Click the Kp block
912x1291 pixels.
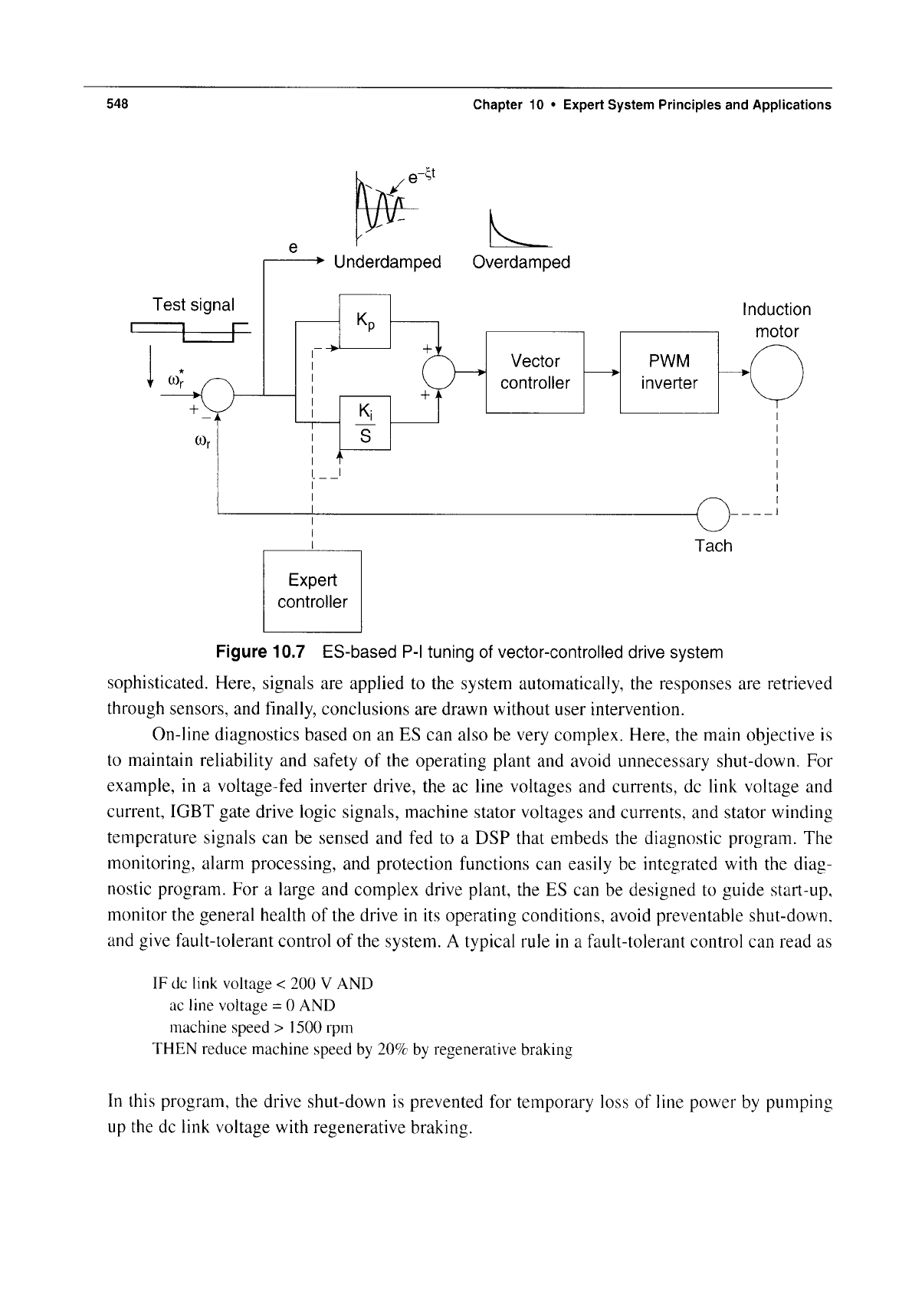pyautogui.click(x=365, y=321)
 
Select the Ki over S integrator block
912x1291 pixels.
pyautogui.click(x=365, y=422)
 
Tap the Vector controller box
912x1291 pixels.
pyautogui.click(x=535, y=373)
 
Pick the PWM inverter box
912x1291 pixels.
pyautogui.click(x=669, y=373)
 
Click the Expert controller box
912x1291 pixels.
pyautogui.click(x=312, y=591)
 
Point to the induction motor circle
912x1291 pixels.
pyautogui.click(x=776, y=373)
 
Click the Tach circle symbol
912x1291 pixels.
pyautogui.click(x=713, y=514)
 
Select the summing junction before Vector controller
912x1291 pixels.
pyautogui.click(x=438, y=373)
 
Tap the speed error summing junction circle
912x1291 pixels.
pyautogui.click(x=218, y=395)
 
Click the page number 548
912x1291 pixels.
pyautogui.click(x=117, y=103)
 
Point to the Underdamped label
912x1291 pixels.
pyautogui.click(x=387, y=262)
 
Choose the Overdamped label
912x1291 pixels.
pyautogui.click(x=521, y=262)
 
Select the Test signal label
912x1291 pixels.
pyautogui.click(x=193, y=304)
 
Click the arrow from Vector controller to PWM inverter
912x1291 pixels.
pyautogui.click(x=602, y=373)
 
